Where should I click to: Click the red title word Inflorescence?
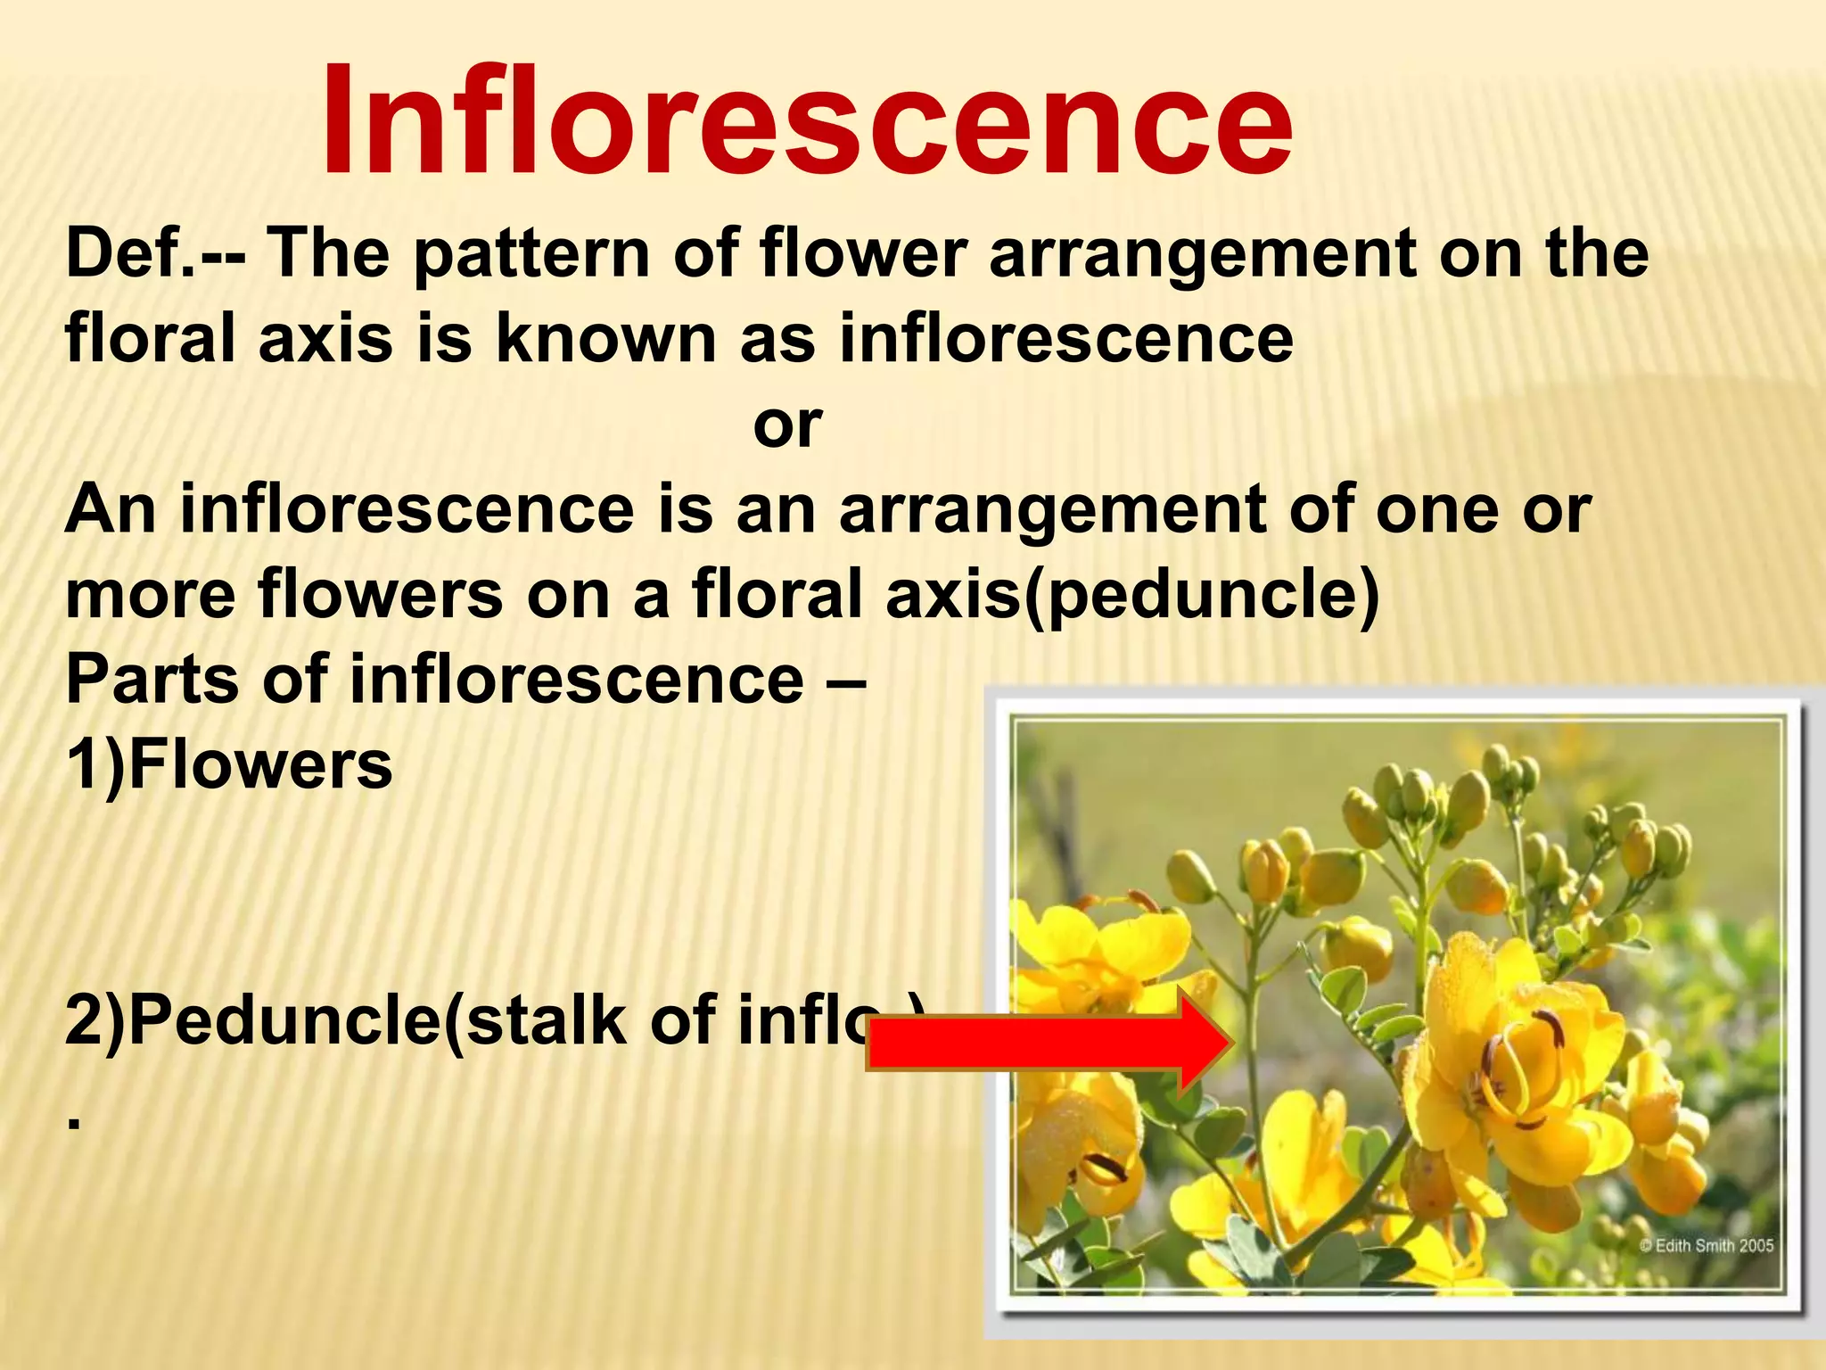pyautogui.click(x=807, y=120)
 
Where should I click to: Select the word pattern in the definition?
pyautogui.click(x=531, y=254)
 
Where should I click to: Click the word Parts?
pyautogui.click(x=152, y=680)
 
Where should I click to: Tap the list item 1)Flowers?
pyautogui.click(x=228, y=765)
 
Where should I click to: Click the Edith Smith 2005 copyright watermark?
pyautogui.click(x=1707, y=1246)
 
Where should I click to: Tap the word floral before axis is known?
pyautogui.click(x=152, y=339)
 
